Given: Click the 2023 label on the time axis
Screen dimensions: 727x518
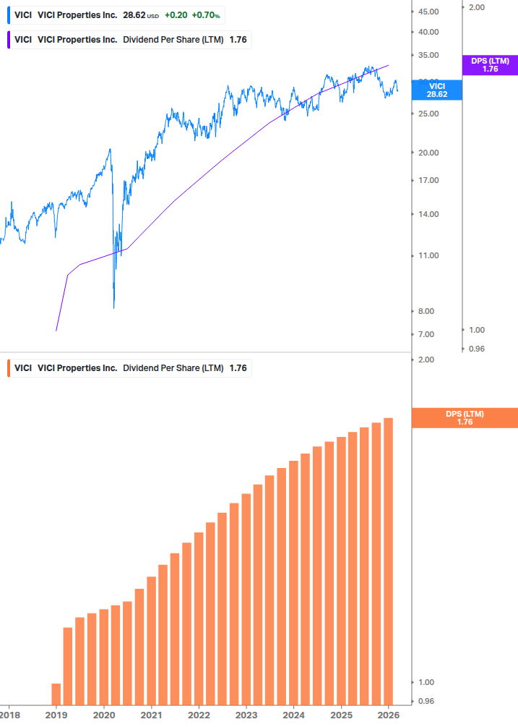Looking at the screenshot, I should coord(246,715).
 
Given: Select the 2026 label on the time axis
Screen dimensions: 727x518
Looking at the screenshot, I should coord(389,715).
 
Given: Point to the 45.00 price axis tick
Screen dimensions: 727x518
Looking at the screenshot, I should coord(429,12).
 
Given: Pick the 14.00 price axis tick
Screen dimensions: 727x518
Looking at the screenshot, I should coord(429,214).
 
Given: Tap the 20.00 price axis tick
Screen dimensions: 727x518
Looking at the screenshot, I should coord(429,153).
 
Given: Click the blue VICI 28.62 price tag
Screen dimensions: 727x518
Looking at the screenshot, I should coord(436,90).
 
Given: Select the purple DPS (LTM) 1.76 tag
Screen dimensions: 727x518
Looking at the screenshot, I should coord(490,65).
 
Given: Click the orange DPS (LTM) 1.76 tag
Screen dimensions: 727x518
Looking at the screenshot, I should coord(464,417).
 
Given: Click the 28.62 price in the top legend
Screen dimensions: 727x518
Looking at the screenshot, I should coord(134,14).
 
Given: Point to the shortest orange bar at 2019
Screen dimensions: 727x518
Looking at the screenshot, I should coord(56,694).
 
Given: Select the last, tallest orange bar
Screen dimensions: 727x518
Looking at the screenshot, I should coord(388,561).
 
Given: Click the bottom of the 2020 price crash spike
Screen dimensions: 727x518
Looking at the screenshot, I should coord(114,307).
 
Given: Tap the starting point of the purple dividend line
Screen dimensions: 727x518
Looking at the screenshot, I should coord(56,331).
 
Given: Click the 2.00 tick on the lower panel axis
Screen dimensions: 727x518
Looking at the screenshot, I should coord(426,360).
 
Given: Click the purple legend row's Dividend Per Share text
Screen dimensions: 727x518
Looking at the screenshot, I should coord(173,40).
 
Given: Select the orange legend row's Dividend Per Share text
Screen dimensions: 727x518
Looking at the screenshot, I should coord(173,368).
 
